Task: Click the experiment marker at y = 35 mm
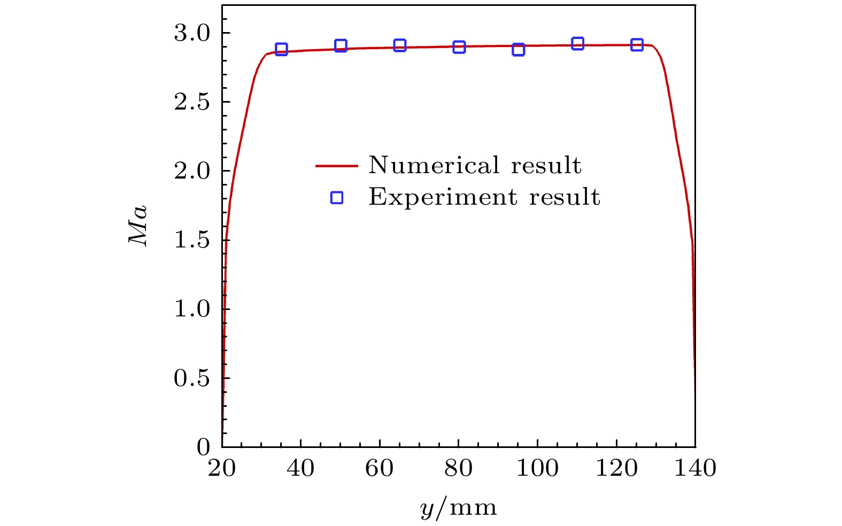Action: pos(281,49)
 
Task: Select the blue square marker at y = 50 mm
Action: pos(341,45)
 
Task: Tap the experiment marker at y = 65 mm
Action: pos(400,45)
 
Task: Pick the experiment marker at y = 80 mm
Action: pos(459,47)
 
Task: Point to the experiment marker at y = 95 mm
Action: pos(518,49)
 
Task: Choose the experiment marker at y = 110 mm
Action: pos(577,43)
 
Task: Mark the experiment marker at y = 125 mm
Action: pos(636,44)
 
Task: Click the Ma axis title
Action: pos(138,226)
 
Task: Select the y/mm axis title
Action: pos(458,507)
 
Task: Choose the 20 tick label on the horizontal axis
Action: pos(222,468)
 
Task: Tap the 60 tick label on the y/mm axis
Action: pos(380,468)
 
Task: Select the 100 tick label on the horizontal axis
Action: pos(537,468)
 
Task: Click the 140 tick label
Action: pos(694,468)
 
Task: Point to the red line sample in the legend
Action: pos(336,166)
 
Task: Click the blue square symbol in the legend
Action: pos(336,198)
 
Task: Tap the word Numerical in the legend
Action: pos(434,165)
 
